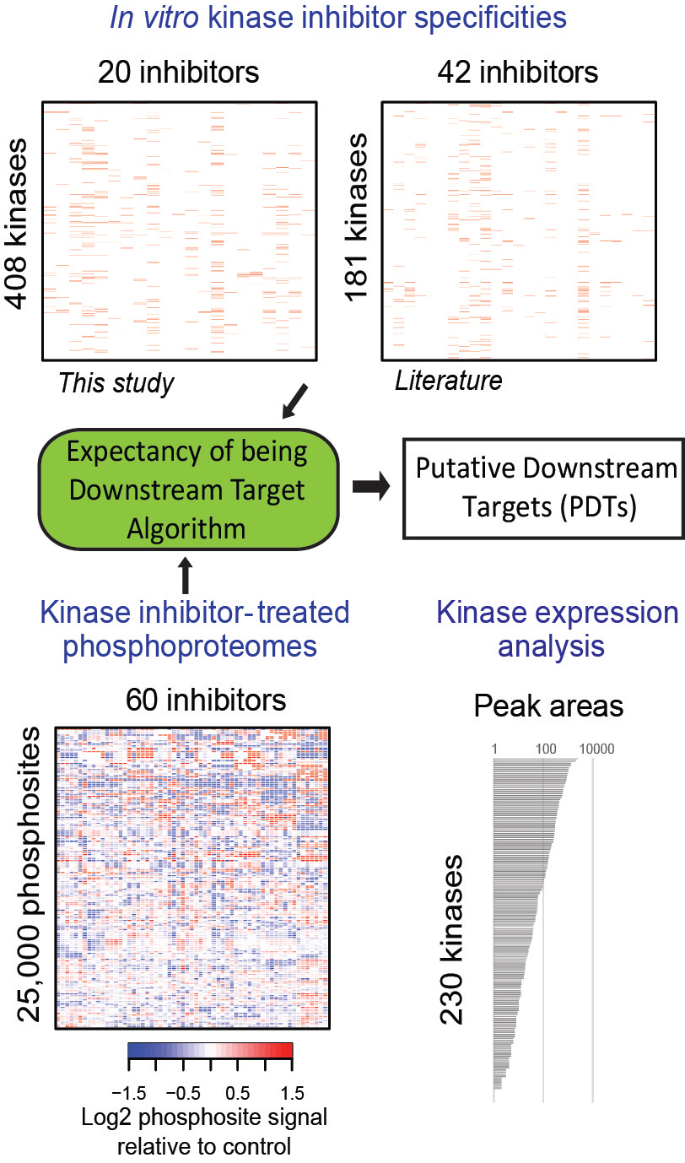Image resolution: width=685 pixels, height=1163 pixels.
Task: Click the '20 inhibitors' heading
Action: point(179,73)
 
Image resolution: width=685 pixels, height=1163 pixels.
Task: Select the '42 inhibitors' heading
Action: point(518,73)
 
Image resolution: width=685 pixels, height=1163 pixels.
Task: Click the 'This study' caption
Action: point(116,383)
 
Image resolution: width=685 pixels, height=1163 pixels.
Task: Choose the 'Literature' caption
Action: point(448,381)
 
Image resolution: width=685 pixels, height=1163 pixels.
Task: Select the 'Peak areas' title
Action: point(548,706)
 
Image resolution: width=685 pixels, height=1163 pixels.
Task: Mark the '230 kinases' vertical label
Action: point(453,939)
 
